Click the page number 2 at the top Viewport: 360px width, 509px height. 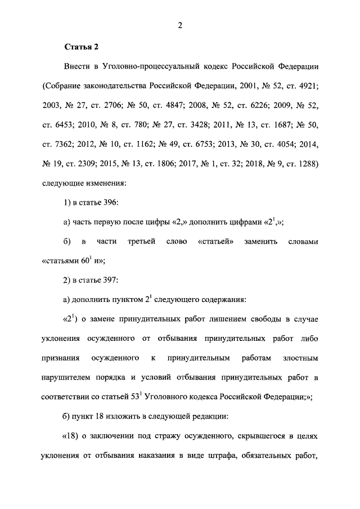pos(179,24)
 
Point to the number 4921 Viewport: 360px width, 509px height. pos(308,87)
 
